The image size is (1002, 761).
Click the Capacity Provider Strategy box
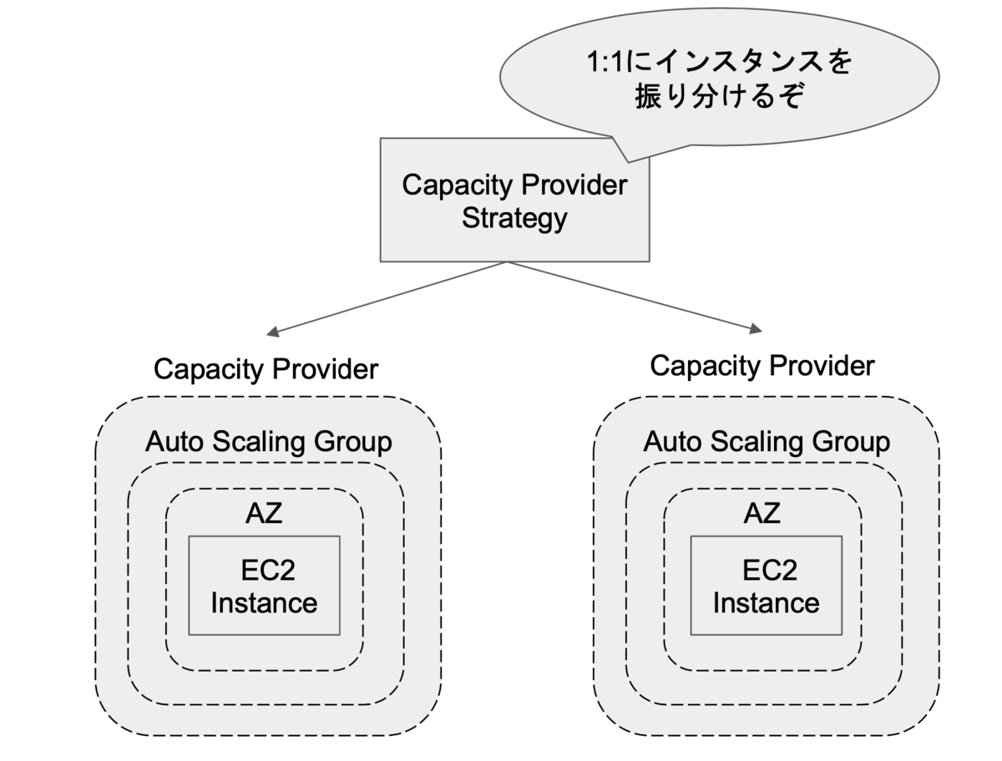pyautogui.click(x=514, y=200)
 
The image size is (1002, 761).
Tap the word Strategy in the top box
pyautogui.click(x=514, y=219)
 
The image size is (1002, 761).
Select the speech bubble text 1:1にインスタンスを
pyautogui.click(x=719, y=62)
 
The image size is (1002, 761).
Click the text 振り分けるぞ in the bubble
pyautogui.click(x=719, y=96)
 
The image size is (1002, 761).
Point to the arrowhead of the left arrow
pyautogui.click(x=272, y=332)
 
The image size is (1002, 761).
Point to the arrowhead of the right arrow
pyautogui.click(x=756, y=328)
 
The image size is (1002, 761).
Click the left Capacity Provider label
pyautogui.click(x=266, y=369)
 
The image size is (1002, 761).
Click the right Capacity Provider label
pyautogui.click(x=762, y=366)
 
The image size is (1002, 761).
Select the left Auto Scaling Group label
pyautogui.click(x=268, y=442)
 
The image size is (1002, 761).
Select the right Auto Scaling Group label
pyautogui.click(x=767, y=442)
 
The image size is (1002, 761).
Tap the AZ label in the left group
pyautogui.click(x=264, y=513)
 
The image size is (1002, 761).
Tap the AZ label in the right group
pyautogui.click(x=762, y=513)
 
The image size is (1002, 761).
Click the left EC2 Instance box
pyautogui.click(x=265, y=586)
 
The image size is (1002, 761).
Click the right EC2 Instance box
pyautogui.click(x=766, y=586)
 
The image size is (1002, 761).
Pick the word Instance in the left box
pyautogui.click(x=264, y=603)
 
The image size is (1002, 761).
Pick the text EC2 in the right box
pyautogui.click(x=770, y=571)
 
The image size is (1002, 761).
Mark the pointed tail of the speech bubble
pyautogui.click(x=629, y=161)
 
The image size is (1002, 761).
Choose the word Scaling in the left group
pyautogui.click(x=258, y=443)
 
